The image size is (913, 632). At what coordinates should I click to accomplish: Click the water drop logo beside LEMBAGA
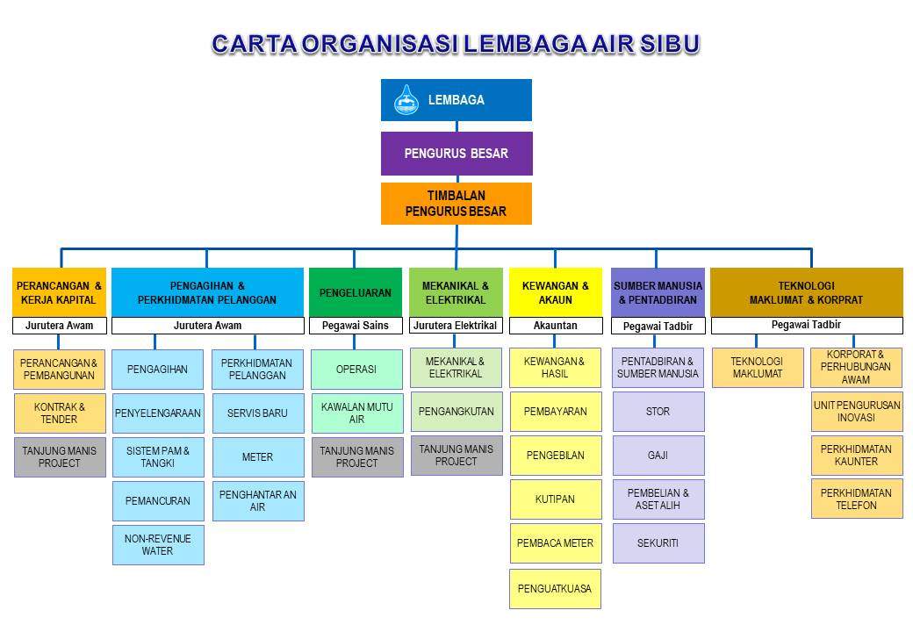tap(406, 99)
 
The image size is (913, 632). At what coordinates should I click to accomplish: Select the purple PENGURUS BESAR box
tap(456, 154)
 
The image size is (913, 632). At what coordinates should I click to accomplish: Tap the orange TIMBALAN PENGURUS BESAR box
tap(456, 204)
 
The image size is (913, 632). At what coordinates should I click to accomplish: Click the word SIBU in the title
tap(670, 44)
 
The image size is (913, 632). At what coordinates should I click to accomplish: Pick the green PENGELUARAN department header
tap(356, 292)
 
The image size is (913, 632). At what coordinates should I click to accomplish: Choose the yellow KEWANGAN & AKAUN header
tap(556, 292)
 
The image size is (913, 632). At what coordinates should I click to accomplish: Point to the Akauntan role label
tap(556, 326)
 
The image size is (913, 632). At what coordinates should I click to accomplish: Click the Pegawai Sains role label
tap(356, 326)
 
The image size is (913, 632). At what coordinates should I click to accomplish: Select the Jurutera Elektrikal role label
tap(456, 326)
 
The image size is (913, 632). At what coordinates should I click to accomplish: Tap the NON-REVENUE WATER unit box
tap(158, 545)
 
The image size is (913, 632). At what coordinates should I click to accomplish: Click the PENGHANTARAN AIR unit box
tap(258, 500)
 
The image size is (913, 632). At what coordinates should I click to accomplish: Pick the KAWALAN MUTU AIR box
tap(357, 413)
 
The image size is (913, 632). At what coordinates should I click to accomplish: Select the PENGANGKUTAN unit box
tap(456, 412)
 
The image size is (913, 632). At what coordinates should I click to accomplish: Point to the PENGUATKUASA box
tap(555, 589)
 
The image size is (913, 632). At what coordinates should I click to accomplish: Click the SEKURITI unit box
tap(658, 543)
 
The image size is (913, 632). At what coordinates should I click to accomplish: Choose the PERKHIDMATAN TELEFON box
tap(857, 499)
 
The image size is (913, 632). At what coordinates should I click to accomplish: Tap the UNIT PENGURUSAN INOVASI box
tap(857, 412)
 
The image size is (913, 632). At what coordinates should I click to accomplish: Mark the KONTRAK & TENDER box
tap(60, 413)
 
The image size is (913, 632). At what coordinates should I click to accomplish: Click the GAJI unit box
tap(658, 455)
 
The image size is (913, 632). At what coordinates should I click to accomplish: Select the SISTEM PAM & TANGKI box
tap(158, 456)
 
